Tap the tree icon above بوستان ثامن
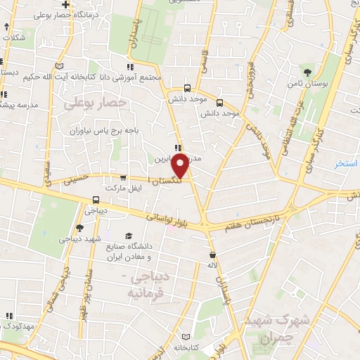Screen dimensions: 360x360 tap(307, 72)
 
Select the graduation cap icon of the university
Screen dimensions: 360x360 tap(129, 236)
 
